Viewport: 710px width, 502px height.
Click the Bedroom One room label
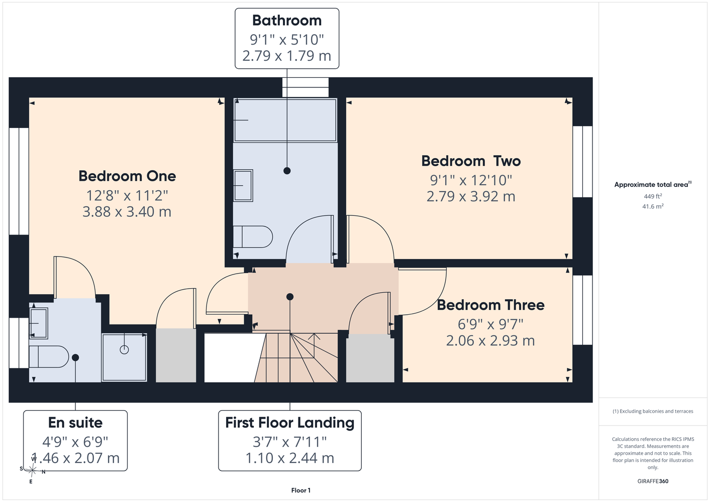(127, 176)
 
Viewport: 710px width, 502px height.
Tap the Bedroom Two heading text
(471, 161)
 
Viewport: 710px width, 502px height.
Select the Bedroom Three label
(490, 305)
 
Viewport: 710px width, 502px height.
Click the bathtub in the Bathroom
(285, 120)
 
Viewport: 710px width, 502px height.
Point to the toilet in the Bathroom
(253, 236)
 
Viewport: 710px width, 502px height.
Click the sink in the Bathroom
(243, 186)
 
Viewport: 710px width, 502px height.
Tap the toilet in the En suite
(49, 356)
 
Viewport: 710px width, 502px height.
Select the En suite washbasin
(38, 323)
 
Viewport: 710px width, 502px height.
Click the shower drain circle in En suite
(124, 350)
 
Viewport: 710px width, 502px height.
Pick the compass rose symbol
(32, 470)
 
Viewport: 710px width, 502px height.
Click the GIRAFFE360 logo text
(653, 481)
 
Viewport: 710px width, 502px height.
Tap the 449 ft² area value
(653, 196)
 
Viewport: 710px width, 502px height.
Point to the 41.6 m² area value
(653, 206)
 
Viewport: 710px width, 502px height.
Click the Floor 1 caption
(301, 490)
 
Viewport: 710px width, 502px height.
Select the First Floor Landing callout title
(290, 423)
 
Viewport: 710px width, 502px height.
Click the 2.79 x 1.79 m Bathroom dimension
(286, 56)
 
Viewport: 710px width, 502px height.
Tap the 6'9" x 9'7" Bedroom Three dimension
(490, 324)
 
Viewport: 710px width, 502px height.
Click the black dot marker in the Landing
(290, 297)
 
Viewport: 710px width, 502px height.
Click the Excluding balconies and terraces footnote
(653, 411)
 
